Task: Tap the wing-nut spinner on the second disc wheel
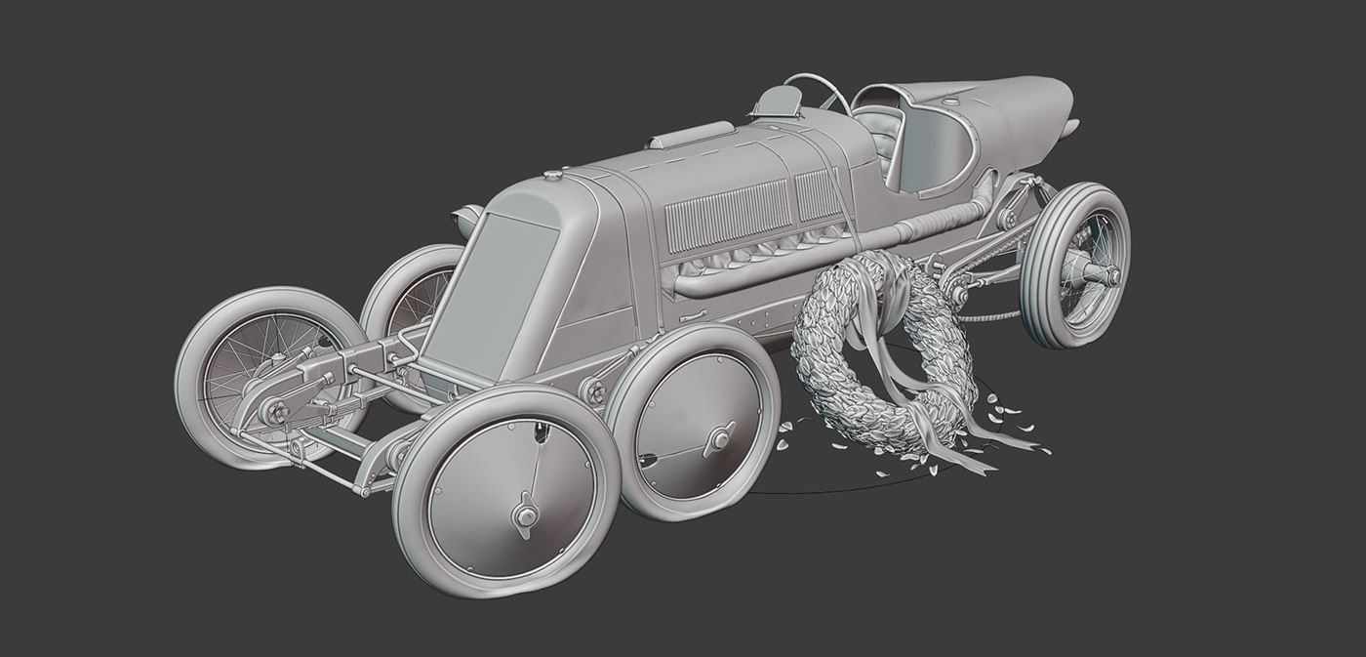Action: (720, 439)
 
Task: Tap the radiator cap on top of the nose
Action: (554, 176)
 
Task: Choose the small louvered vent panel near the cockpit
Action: (818, 192)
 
